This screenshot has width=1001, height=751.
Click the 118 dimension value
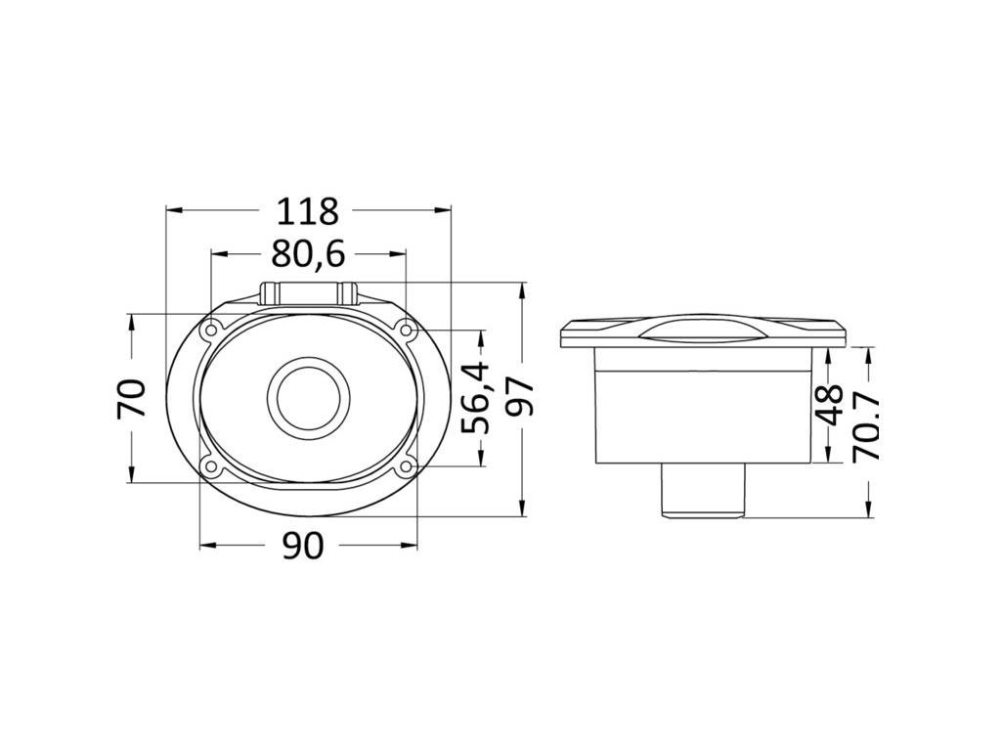click(307, 211)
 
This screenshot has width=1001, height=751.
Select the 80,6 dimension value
click(308, 253)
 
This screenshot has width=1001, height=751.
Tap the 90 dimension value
click(303, 546)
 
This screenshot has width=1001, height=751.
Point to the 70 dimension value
click(132, 399)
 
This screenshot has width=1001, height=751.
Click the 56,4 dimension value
click(476, 398)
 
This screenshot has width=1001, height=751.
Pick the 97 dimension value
click(518, 397)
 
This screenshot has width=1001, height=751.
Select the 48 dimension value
click(830, 406)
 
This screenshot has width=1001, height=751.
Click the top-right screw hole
click(407, 330)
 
